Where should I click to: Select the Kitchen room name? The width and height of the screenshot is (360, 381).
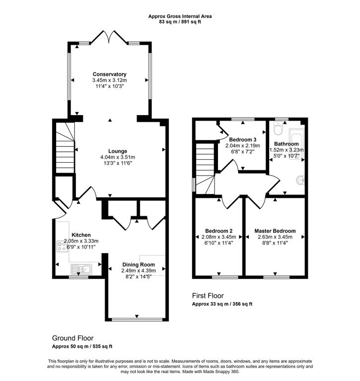tap(81, 235)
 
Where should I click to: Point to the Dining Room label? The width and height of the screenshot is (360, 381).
tap(139, 264)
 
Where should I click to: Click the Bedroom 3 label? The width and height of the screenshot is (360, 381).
tap(243, 140)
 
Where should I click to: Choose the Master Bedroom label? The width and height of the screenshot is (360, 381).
tap(275, 231)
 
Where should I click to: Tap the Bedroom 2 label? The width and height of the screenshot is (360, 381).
tap(218, 231)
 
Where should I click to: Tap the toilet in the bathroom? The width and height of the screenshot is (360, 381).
tap(278, 129)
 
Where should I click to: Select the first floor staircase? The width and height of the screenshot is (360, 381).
tap(204, 169)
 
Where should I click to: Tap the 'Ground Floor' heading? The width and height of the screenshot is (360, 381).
tap(72, 338)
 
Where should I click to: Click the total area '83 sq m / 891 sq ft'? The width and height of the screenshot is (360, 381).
tap(180, 22)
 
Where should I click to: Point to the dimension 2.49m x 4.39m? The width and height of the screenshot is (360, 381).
tap(139, 270)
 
